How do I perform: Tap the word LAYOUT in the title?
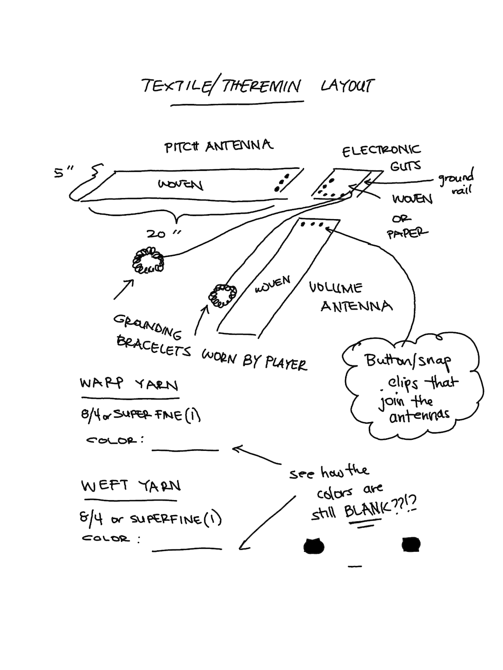[x=348, y=86]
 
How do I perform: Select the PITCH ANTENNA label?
[x=219, y=146]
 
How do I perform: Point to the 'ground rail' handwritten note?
[x=456, y=183]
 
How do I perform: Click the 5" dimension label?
[x=62, y=172]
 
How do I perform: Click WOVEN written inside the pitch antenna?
[x=180, y=185]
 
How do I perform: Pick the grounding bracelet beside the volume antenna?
[x=222, y=296]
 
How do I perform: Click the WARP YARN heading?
[x=129, y=385]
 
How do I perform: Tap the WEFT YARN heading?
[x=131, y=486]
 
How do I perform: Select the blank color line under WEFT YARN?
[x=187, y=549]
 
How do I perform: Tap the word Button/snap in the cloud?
[x=408, y=360]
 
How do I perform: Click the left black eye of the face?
[x=314, y=545]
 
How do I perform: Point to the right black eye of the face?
[x=411, y=544]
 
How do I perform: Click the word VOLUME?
[x=335, y=288]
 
